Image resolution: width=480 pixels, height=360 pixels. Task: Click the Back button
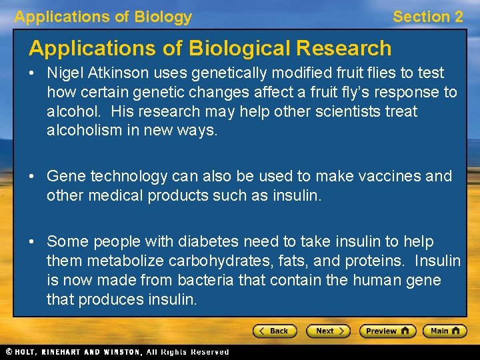point(274,331)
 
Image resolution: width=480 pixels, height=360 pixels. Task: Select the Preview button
point(387,331)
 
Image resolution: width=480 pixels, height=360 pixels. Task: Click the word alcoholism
point(85,131)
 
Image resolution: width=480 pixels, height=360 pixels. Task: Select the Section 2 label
point(427,17)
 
